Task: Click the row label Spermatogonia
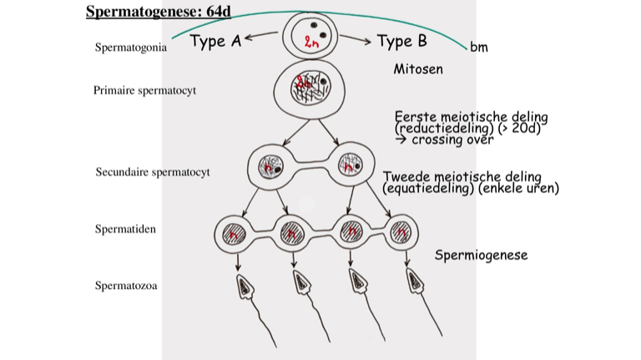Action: point(130,48)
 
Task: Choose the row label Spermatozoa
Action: point(126,286)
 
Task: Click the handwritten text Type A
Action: point(215,41)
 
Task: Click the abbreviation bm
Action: point(479,48)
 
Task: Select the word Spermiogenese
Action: point(481,255)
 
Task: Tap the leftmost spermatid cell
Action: point(236,231)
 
